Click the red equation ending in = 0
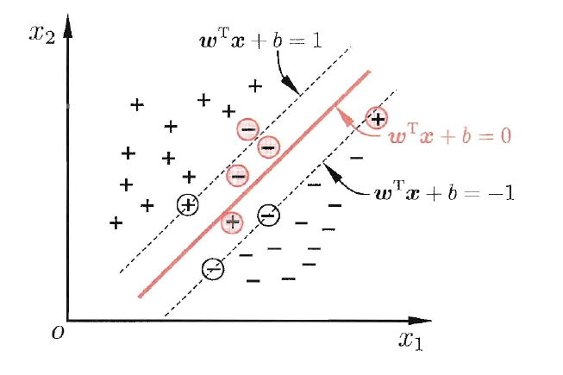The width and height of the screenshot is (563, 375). (x=450, y=135)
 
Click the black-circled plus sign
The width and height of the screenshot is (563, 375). (x=187, y=204)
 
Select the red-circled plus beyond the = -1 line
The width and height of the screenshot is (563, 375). (x=377, y=119)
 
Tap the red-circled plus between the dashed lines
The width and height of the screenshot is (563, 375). (x=231, y=222)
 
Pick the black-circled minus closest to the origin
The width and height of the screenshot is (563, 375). (x=213, y=269)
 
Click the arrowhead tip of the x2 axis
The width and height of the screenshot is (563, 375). (x=66, y=17)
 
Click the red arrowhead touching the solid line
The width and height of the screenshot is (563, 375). (x=340, y=109)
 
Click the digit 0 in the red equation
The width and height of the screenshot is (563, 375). (x=503, y=136)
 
